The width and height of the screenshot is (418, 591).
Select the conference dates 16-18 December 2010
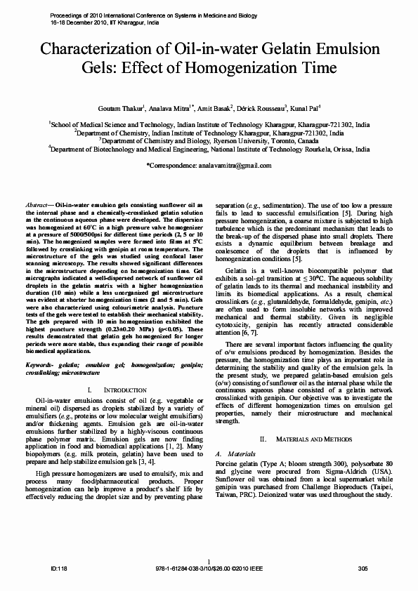85,22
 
